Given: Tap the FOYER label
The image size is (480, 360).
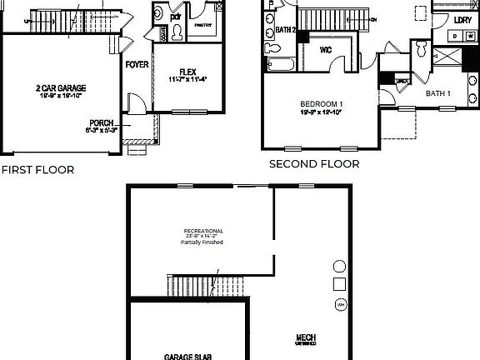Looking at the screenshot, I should click(136, 64).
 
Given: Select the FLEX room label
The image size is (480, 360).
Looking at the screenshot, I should click(187, 72).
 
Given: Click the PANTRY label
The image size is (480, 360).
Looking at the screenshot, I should click(202, 26).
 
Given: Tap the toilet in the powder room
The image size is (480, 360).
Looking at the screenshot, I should click(177, 30).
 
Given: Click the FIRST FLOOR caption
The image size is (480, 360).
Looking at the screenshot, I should click(37, 169).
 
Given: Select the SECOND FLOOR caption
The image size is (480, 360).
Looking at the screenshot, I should click(314, 164).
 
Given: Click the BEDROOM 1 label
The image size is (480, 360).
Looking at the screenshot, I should click(322, 104).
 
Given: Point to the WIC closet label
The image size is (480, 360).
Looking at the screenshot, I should click(327, 49).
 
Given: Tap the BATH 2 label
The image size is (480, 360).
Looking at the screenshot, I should click(286, 30).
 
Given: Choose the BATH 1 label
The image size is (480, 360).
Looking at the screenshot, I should click(438, 93).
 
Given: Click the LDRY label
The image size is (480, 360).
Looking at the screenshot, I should click(462, 18).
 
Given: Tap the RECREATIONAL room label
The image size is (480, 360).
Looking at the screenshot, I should click(203, 230).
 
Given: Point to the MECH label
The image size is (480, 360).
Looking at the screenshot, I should click(305, 337).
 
